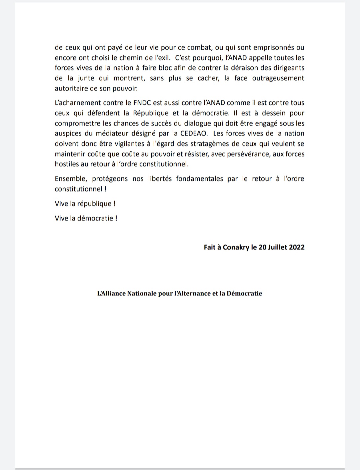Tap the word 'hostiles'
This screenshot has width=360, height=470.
pyautogui.click(x=67, y=164)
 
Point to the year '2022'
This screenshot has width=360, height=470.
pyautogui.click(x=297, y=247)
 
